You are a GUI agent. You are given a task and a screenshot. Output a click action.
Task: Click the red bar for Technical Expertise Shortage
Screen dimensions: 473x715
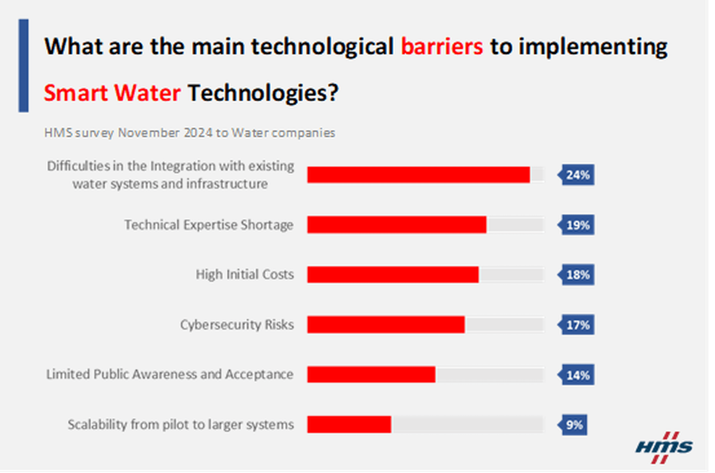click(x=397, y=225)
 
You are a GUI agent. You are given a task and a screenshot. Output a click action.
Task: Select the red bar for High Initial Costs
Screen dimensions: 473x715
click(x=393, y=275)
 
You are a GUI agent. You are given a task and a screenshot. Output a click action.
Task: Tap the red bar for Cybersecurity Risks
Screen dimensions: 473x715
click(x=386, y=325)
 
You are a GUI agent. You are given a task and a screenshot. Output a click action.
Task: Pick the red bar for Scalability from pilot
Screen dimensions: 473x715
click(x=349, y=424)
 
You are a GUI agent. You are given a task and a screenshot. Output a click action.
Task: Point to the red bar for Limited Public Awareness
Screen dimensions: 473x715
click(x=371, y=375)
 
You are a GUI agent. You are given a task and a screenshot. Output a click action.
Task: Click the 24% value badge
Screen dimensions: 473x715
click(x=577, y=175)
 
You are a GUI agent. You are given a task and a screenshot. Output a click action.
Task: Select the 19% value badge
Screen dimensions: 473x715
click(x=577, y=225)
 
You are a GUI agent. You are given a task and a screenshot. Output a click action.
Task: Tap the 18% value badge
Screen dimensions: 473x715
click(x=577, y=275)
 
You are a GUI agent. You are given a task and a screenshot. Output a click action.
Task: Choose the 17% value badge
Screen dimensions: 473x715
click(x=577, y=325)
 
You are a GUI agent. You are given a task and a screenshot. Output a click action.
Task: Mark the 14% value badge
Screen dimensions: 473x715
click(x=577, y=375)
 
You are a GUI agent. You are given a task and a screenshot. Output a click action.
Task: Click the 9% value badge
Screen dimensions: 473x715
click(x=574, y=425)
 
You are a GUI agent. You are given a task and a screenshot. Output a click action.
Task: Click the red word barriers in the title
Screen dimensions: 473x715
click(x=442, y=47)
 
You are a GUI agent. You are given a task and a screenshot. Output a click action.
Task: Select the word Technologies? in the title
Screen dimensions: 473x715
click(x=263, y=93)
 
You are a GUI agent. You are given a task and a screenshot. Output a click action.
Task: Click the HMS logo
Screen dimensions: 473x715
click(x=664, y=447)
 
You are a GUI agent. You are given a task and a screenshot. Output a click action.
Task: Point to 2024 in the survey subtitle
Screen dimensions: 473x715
click(x=198, y=133)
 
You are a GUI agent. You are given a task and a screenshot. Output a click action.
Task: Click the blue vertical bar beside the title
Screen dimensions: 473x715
click(x=24, y=65)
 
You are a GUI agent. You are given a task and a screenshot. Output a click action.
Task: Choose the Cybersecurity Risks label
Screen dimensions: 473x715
click(x=237, y=325)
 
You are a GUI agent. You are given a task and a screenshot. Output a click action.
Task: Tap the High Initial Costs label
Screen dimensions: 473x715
click(x=244, y=274)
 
